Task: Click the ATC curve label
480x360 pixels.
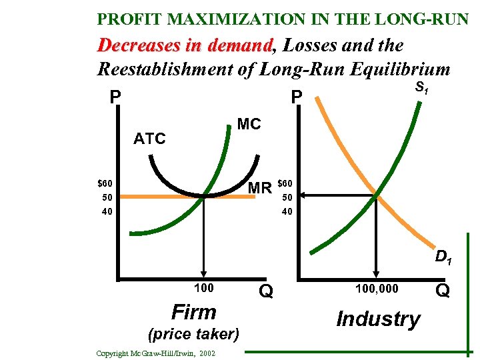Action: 149,139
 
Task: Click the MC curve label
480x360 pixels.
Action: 249,125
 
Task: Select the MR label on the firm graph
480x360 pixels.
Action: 259,188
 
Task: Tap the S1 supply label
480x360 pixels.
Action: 421,87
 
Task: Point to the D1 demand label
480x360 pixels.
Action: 443,257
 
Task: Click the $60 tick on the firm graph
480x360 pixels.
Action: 105,183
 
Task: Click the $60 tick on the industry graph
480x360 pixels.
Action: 284,183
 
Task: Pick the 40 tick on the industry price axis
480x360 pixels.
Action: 286,211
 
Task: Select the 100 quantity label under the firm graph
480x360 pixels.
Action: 204,288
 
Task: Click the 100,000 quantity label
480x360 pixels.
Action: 376,288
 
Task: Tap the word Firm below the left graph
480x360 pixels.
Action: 194,312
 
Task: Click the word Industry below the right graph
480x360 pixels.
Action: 378,319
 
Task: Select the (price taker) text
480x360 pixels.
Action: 194,333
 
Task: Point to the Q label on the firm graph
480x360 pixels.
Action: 266,291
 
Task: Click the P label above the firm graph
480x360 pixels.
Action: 115,98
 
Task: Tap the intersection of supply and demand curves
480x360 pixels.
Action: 377,196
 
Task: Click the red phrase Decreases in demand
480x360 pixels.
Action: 186,45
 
